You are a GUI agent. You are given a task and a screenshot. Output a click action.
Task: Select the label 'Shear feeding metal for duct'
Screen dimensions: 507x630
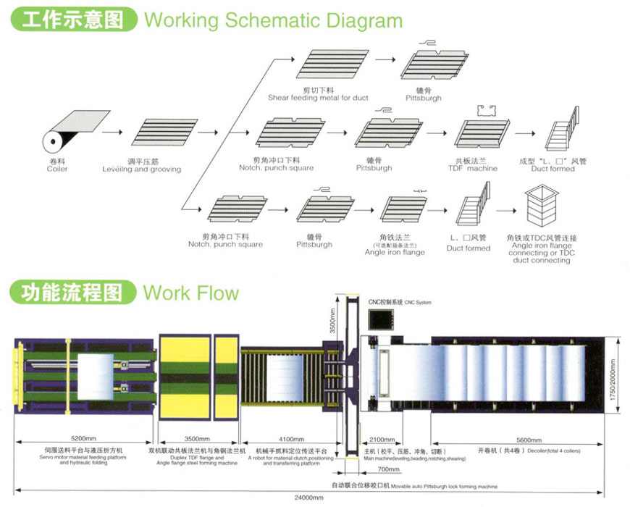point(318,98)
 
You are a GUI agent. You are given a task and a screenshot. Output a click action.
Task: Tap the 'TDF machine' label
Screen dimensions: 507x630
point(476,169)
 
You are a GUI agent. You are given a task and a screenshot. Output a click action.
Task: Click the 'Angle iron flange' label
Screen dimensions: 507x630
point(395,252)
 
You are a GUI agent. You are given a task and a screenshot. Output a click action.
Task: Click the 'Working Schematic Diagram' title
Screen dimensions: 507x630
point(273,20)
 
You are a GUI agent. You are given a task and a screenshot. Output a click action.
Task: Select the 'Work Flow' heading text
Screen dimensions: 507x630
point(191,293)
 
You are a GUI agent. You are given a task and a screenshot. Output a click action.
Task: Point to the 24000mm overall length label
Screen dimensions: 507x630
point(307,498)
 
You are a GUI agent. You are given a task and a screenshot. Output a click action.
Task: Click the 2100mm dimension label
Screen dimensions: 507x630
point(381,439)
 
